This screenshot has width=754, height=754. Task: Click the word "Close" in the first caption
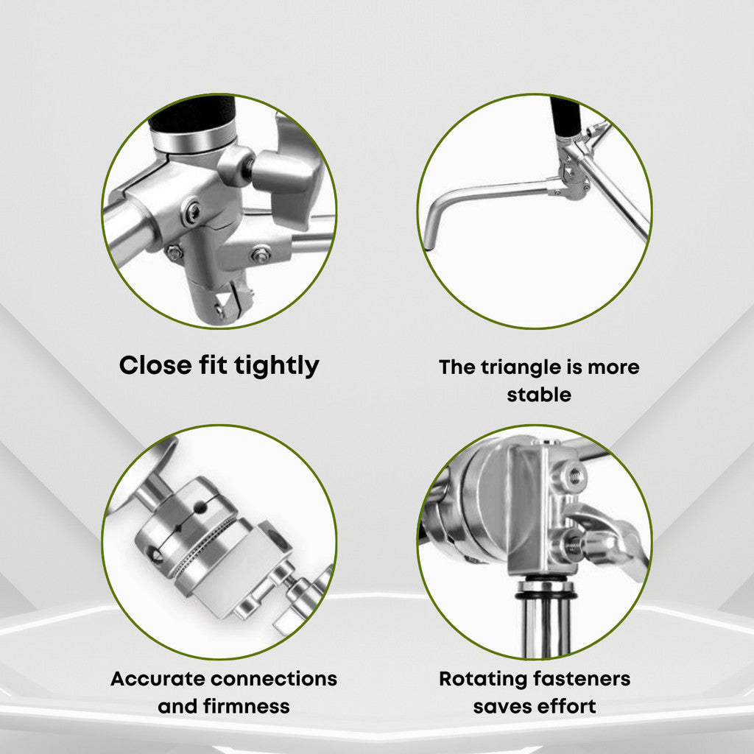click(x=155, y=365)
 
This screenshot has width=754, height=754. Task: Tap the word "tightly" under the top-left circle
click(x=277, y=367)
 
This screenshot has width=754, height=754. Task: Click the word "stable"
click(x=539, y=395)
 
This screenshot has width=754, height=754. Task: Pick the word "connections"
click(x=274, y=679)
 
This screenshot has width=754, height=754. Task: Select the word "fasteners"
click(x=582, y=679)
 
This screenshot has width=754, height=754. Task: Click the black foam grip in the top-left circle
click(x=192, y=114)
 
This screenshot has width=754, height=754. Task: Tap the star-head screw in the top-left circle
click(x=193, y=211)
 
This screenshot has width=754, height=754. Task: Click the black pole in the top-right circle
click(x=565, y=116)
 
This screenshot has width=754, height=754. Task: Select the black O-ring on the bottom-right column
click(x=546, y=595)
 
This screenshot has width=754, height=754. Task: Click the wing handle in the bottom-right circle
click(x=608, y=536)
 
